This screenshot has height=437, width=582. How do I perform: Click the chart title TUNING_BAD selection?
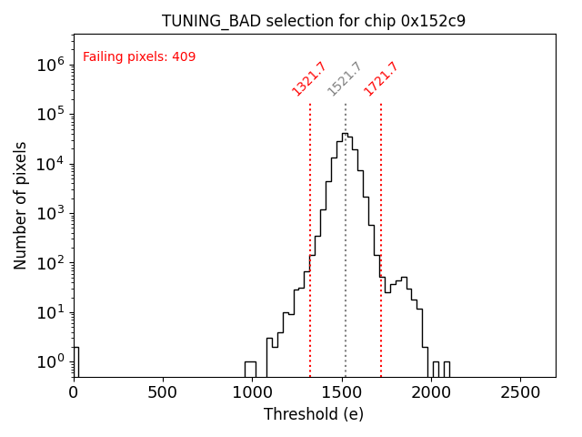point(314,21)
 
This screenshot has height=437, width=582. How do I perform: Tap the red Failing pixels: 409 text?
point(139,57)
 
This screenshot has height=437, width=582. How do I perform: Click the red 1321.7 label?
point(309,78)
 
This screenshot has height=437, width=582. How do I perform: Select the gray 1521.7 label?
point(345,78)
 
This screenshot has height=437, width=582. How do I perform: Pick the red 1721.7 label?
point(381,78)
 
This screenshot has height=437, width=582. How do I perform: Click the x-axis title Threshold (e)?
point(314,414)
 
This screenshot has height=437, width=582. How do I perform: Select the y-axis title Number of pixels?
point(21,205)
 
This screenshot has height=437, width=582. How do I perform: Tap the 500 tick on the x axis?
point(163,391)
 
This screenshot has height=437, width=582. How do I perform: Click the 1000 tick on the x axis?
point(252,391)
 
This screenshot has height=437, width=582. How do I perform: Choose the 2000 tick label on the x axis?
point(430,391)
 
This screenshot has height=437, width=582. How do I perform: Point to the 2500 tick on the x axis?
point(519,391)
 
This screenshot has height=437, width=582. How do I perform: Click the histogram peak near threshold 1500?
point(345,136)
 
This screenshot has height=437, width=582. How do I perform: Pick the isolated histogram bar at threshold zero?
point(75,361)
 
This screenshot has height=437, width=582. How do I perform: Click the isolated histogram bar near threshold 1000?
point(250,369)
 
